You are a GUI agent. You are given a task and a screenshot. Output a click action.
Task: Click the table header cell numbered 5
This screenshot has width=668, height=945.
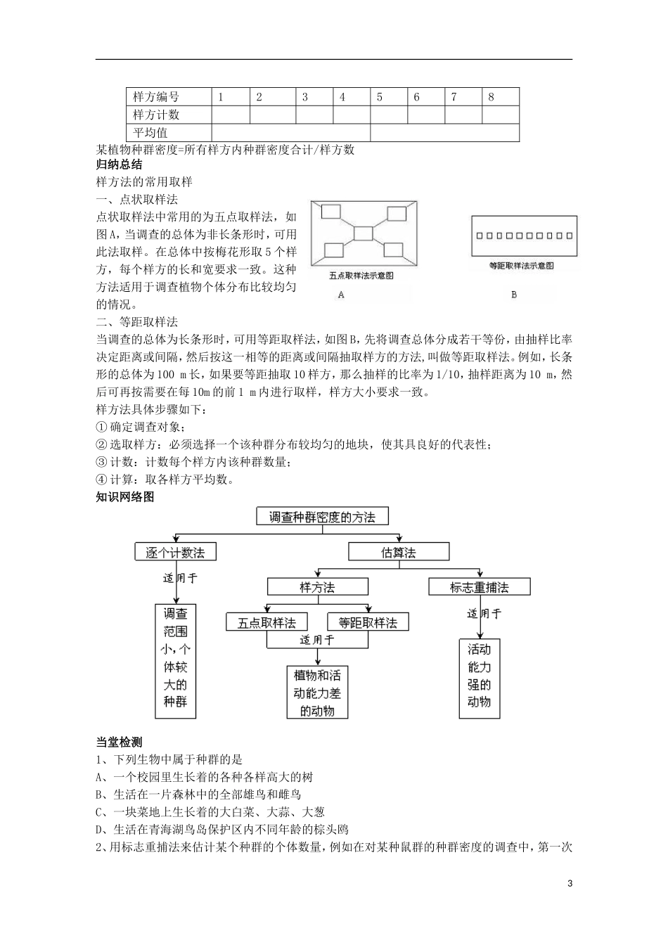click(x=388, y=97)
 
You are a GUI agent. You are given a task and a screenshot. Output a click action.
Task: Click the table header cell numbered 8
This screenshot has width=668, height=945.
click(x=500, y=97)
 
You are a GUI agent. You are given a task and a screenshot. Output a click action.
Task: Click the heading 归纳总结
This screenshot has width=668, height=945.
click(x=119, y=165)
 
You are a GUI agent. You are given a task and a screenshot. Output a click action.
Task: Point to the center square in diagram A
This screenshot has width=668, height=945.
click(x=364, y=233)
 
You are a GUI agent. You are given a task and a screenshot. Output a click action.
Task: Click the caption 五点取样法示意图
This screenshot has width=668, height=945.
click(x=361, y=276)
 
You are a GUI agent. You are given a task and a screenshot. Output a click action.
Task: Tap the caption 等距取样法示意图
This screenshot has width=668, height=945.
click(x=521, y=266)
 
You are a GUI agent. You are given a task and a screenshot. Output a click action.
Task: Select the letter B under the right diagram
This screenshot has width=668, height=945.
click(x=514, y=295)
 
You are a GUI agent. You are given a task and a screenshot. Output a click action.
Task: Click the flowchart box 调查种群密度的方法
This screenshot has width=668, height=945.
click(x=323, y=517)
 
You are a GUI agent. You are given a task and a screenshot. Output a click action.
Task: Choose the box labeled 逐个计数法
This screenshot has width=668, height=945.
click(x=175, y=552)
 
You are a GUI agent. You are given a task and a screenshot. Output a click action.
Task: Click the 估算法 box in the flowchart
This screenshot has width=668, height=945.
click(x=399, y=552)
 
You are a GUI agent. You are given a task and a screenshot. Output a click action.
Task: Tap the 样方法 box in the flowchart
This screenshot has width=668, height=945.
click(x=318, y=586)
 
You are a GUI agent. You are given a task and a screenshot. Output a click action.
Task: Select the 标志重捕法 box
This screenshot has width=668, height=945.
click(x=479, y=586)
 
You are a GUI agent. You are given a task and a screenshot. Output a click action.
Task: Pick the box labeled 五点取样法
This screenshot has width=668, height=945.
click(x=266, y=622)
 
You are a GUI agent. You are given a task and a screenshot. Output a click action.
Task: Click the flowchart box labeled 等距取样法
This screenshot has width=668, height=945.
click(x=368, y=622)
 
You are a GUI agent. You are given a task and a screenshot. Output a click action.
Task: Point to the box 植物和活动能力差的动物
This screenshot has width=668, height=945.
click(x=318, y=693)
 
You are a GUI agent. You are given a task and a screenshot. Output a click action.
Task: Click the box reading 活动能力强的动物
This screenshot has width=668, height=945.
click(x=479, y=676)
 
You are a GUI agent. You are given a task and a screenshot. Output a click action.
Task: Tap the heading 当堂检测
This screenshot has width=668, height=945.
click(x=119, y=742)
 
